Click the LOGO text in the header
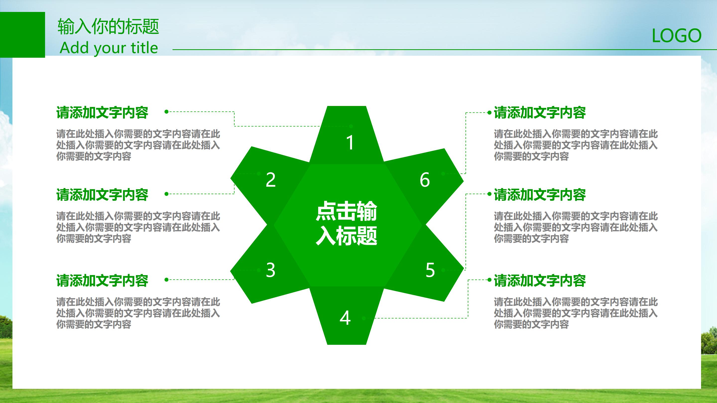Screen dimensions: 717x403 click(x=676, y=36)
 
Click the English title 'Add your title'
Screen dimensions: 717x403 click(x=109, y=48)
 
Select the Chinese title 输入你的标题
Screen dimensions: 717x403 click(x=108, y=26)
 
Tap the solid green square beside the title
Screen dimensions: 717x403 click(x=22, y=35)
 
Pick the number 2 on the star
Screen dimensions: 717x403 click(x=271, y=180)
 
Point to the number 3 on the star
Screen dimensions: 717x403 click(x=271, y=270)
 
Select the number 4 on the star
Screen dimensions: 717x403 click(x=345, y=318)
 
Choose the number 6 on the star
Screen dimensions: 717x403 click(x=425, y=180)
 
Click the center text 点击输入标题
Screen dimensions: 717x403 click(x=347, y=223)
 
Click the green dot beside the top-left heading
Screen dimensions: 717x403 click(x=167, y=111)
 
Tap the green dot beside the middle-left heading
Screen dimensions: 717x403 click(x=167, y=194)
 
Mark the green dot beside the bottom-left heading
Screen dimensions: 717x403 click(x=167, y=280)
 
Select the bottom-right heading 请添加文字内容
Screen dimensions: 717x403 click(x=540, y=280)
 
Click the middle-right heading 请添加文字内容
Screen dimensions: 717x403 click(x=540, y=195)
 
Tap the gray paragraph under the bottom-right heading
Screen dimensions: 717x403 click(x=576, y=313)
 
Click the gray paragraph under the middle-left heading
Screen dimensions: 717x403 click(x=138, y=227)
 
